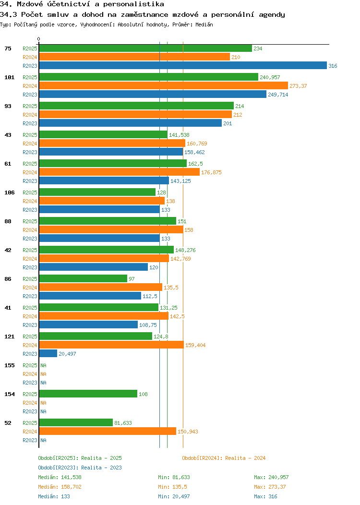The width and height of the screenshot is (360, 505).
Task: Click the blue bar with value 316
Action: coord(182,66)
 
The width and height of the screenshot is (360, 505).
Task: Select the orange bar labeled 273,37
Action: coord(163,85)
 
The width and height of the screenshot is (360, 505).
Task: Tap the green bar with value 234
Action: coord(145,48)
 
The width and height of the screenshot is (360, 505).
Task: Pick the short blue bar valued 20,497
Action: coord(48,354)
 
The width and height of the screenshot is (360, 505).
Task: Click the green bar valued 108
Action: coord(88,394)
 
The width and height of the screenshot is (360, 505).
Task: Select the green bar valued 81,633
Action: coord(76,423)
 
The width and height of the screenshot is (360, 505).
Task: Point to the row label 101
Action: coord(9,77)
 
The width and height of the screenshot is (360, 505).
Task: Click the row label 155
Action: coord(9,365)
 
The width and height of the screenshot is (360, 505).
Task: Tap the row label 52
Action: coord(8,423)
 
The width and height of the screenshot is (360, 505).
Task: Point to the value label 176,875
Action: coord(211,172)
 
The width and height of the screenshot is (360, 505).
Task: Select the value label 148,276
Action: coord(185,250)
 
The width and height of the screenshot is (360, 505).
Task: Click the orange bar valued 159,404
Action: coord(111,345)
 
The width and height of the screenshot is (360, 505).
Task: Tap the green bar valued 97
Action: coord(83,279)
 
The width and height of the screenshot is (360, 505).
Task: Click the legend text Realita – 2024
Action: coord(245,458)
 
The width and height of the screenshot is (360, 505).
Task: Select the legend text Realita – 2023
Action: coord(101,468)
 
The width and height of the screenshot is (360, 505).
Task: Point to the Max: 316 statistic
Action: coord(265,496)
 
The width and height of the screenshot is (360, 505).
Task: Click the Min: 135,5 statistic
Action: coord(172,487)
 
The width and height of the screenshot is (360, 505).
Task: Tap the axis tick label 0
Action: coord(39,39)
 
